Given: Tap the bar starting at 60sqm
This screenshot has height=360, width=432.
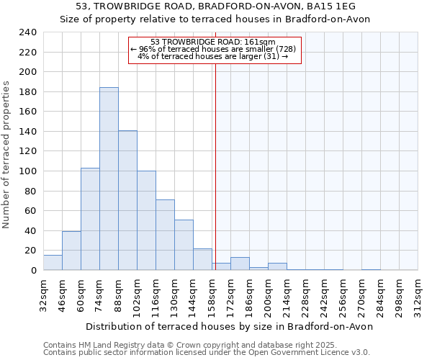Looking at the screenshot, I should [x=90, y=219].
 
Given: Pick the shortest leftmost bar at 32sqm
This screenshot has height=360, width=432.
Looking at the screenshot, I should [x=53, y=263].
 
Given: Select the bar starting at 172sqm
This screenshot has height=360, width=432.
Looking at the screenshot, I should [x=240, y=264].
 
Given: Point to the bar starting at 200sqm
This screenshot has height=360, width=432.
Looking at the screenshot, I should [x=277, y=266].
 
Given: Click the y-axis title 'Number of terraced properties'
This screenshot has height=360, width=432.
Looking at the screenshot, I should [x=7, y=155].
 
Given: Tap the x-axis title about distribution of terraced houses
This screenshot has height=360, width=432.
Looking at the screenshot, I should [x=230, y=326].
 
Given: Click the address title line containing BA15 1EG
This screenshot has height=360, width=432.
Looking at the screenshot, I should [x=215, y=6].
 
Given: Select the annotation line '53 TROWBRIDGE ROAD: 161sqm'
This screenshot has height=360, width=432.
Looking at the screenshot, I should [x=214, y=42].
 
